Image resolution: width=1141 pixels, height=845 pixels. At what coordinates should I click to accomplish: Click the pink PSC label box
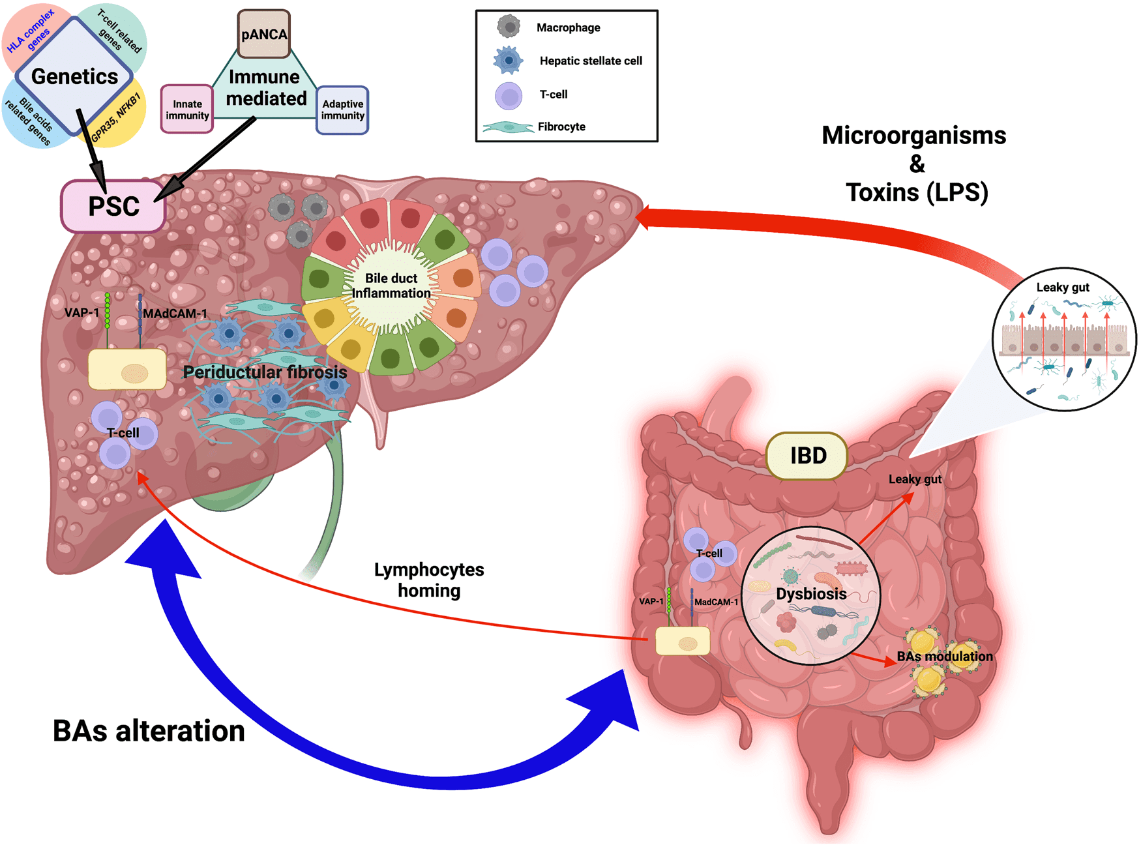coord(113,206)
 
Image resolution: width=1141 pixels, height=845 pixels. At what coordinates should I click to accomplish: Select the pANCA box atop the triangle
coord(264,35)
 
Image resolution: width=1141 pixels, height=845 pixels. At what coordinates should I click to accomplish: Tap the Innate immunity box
coord(187,110)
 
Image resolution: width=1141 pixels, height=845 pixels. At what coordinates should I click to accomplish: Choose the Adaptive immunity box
coord(342,110)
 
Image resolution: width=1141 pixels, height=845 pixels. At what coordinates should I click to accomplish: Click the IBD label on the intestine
coord(808,456)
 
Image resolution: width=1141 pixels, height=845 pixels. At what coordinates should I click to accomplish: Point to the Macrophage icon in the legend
coord(509,27)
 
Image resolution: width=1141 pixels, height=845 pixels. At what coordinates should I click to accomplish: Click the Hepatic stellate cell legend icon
coord(509,60)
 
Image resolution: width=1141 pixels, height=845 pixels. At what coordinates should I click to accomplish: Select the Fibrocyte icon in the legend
coord(508,127)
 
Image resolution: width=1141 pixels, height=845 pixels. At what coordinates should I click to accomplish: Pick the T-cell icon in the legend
coord(509,95)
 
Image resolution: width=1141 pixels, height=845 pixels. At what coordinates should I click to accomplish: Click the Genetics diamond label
coord(74,76)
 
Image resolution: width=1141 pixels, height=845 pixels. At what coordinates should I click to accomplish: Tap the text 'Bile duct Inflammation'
coord(391,286)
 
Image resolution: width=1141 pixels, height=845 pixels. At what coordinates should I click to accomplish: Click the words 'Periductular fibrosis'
coord(265,372)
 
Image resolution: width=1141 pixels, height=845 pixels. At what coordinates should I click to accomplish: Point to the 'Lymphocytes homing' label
coord(429,580)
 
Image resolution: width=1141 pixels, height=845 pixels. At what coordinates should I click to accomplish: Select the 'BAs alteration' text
coord(149,731)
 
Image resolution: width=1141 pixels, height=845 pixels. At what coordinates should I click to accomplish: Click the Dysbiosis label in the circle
coord(811,594)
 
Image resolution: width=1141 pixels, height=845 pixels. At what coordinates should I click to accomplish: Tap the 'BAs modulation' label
coord(945,657)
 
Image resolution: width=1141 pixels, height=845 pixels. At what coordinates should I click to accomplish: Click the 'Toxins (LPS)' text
coord(917,192)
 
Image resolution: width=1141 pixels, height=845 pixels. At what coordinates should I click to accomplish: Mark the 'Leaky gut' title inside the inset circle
coord(1063,288)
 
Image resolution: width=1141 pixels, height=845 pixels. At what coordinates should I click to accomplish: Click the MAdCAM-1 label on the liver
coord(175,314)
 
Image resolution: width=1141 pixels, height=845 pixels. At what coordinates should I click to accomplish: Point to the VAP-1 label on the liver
coord(81,313)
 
